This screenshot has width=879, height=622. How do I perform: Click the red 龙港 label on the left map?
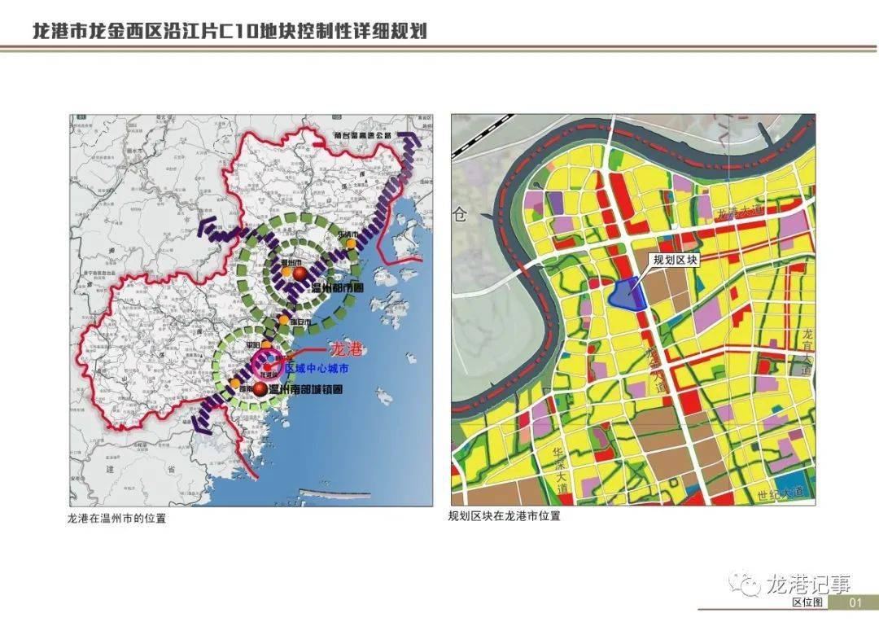pos(344,349)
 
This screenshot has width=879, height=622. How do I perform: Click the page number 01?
pos(854,602)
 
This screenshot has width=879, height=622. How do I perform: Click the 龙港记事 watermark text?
pos(807,582)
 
